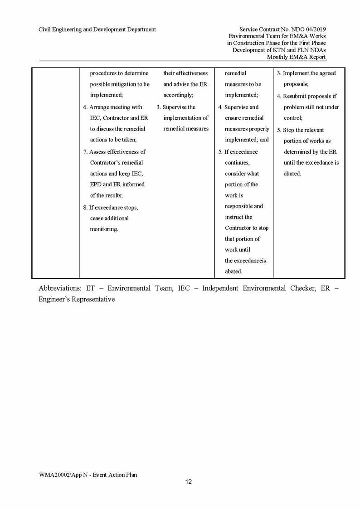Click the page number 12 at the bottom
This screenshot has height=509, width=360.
(189, 481)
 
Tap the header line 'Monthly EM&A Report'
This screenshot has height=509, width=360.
(296, 57)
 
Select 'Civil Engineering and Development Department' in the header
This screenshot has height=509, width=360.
(97, 29)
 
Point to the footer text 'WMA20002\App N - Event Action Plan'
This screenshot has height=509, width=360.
(88, 475)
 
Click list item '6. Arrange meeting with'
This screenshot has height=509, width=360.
(112, 107)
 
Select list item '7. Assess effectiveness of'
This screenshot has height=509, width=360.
(114, 152)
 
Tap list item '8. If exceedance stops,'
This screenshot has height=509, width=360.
(111, 208)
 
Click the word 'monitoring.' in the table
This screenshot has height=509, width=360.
(104, 229)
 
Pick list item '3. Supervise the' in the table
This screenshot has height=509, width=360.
(176, 107)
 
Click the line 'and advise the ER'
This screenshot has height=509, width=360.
(185, 84)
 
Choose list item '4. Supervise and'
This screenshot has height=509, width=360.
(241, 107)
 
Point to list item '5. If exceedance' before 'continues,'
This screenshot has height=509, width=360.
(238, 152)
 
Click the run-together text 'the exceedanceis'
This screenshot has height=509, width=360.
(245, 261)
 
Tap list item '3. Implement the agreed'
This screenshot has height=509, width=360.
(306, 73)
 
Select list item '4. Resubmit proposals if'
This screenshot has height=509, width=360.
(307, 96)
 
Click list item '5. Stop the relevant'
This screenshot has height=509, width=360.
(301, 130)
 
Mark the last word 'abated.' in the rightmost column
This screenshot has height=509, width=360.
(292, 174)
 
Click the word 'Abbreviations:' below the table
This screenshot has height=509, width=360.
(60, 288)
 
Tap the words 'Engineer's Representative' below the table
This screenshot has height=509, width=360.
(77, 299)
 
